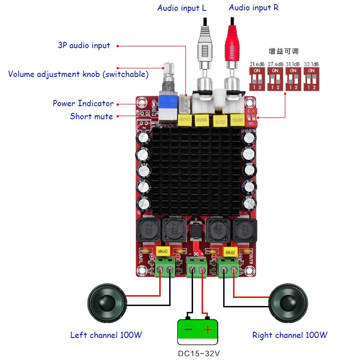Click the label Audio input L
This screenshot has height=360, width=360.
pyautogui.click(x=182, y=8)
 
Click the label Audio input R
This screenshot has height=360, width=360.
pyautogui.click(x=253, y=8)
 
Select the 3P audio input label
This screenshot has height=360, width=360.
pyautogui.click(x=84, y=45)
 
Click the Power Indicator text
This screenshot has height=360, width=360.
pyautogui.click(x=83, y=103)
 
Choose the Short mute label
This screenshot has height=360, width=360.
pyautogui.click(x=91, y=117)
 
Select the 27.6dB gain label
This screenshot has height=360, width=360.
pyautogui.click(x=275, y=64)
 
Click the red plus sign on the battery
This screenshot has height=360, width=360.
pyautogui.click(x=207, y=330)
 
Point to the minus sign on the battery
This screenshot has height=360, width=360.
pyautogui.click(x=188, y=330)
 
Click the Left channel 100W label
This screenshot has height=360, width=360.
pyautogui.click(x=106, y=335)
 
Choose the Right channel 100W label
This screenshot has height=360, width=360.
pyautogui.click(x=290, y=335)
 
